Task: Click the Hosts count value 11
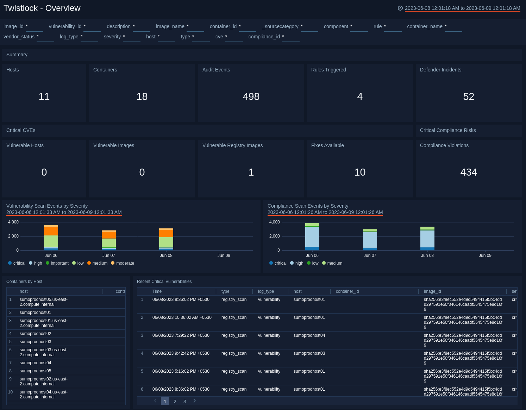tap(44, 96)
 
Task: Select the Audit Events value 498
tap(251, 96)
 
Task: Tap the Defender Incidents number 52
tap(469, 96)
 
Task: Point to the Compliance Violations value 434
tap(469, 172)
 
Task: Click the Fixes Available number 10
tap(360, 172)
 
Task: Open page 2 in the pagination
tap(175, 402)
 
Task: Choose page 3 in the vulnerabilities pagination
tap(185, 402)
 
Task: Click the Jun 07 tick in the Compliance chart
tap(370, 256)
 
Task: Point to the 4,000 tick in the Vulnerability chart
tap(13, 222)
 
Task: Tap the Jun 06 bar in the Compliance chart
tap(312, 237)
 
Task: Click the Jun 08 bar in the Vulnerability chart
tap(166, 239)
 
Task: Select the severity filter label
tap(112, 37)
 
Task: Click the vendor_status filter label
tap(19, 37)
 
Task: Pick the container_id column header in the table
tap(347, 291)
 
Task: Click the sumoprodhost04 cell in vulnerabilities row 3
tap(309, 335)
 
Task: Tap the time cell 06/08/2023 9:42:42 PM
tap(181, 353)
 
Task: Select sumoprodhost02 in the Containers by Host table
tap(35, 334)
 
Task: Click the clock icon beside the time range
tap(400, 8)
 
